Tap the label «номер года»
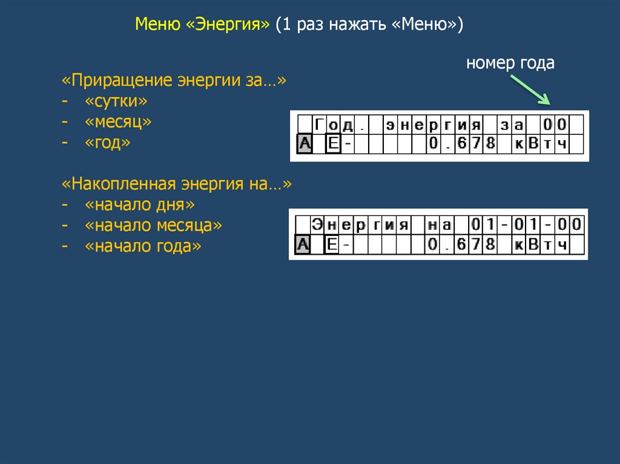pos(510,63)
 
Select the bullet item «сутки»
pos(116,101)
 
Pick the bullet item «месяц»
pos(118,122)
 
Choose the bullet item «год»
pos(107,143)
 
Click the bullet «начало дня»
pos(140,205)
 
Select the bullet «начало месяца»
pos(154,226)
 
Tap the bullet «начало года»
pos(143,247)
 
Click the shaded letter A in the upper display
pos(305,144)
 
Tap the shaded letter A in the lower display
pos(303,245)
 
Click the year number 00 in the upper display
pos(555,125)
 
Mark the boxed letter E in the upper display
pos(333,144)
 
